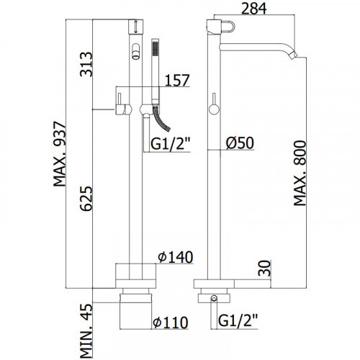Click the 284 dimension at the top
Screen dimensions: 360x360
pos(253,9)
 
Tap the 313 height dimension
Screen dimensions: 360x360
pos(86,64)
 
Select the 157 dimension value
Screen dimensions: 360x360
pos(177,80)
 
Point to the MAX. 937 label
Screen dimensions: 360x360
pos(59,154)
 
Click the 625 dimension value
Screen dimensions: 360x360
pos(86,199)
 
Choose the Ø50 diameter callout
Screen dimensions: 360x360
pos(240,143)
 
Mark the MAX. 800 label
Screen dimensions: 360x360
pos(300,174)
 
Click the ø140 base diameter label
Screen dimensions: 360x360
pos(176,257)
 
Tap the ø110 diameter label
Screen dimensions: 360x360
pos(171,323)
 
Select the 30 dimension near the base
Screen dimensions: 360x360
pos(264,268)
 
